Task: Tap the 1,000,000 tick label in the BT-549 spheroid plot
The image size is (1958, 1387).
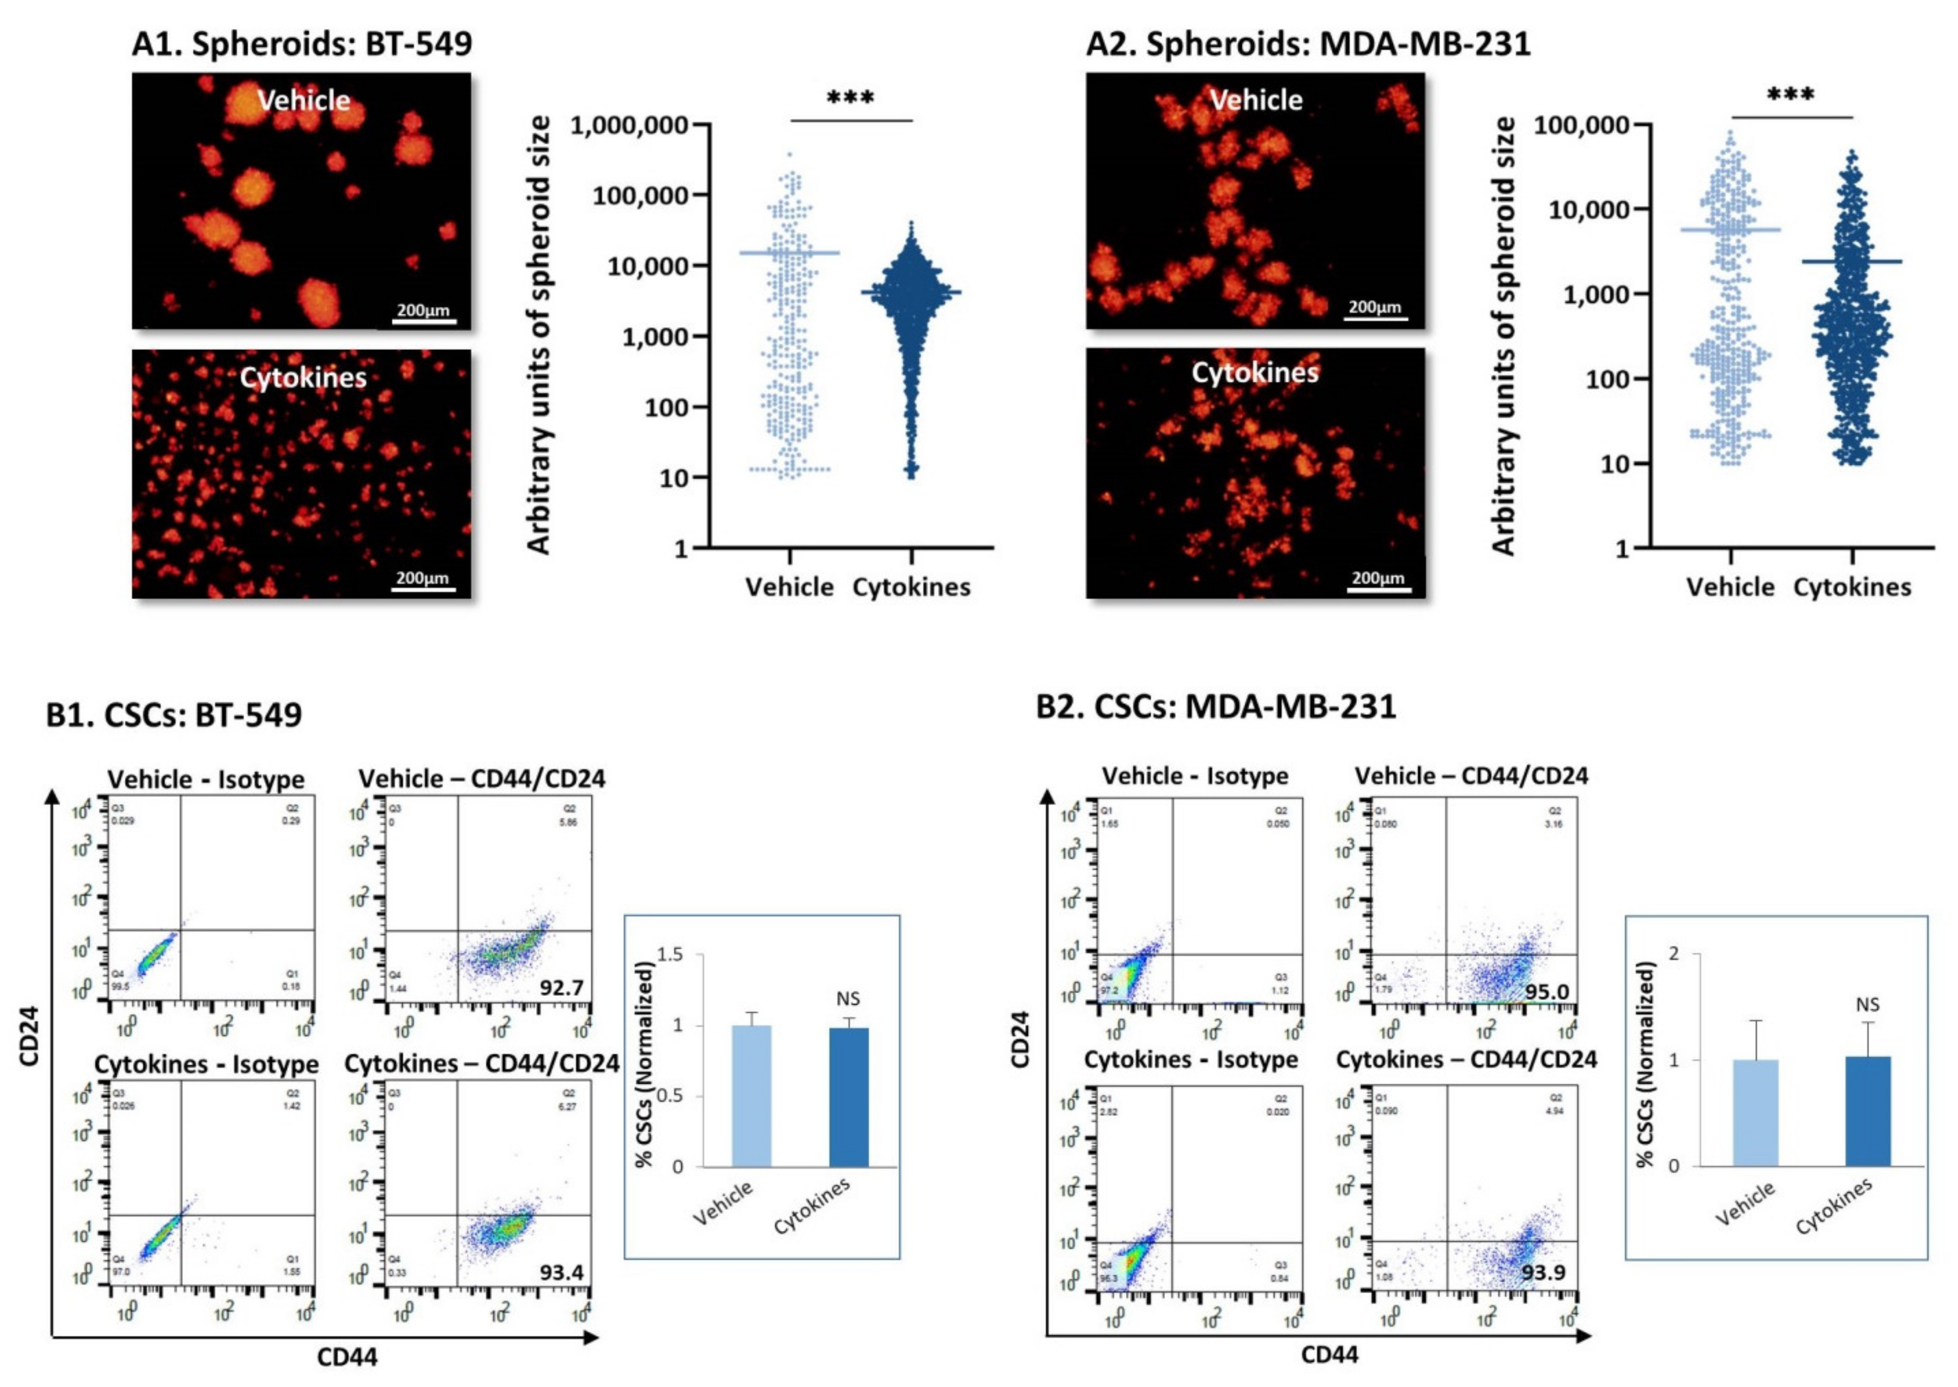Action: (x=630, y=125)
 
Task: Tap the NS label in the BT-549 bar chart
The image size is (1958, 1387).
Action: (x=848, y=998)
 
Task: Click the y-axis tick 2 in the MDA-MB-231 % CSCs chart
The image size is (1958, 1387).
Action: (x=1673, y=953)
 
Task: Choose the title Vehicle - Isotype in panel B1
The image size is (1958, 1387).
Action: (x=206, y=780)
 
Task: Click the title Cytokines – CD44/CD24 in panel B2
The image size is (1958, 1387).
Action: (x=1466, y=1060)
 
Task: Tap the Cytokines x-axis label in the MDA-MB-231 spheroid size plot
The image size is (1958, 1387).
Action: (x=1852, y=587)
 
